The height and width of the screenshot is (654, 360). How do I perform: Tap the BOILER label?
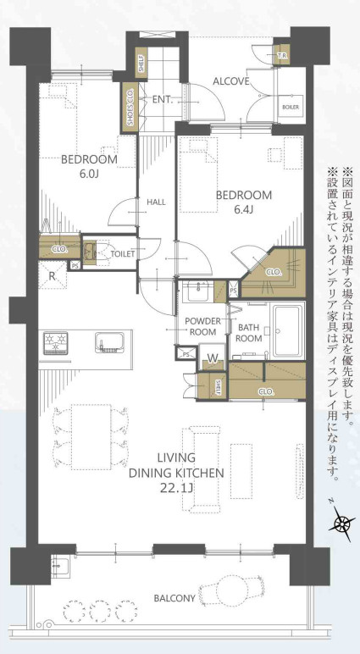tap(291, 108)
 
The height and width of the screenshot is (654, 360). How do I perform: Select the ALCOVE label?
tap(230, 82)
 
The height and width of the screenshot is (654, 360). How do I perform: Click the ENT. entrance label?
tap(163, 99)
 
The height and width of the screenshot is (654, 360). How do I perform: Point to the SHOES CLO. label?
tap(130, 108)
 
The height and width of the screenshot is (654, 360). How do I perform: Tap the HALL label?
tap(156, 202)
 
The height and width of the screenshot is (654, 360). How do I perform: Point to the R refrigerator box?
tap(53, 276)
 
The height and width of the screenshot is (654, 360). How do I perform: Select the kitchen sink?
tap(108, 343)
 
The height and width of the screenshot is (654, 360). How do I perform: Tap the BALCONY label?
tap(174, 597)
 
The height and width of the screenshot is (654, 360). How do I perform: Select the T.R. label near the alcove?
tap(282, 57)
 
